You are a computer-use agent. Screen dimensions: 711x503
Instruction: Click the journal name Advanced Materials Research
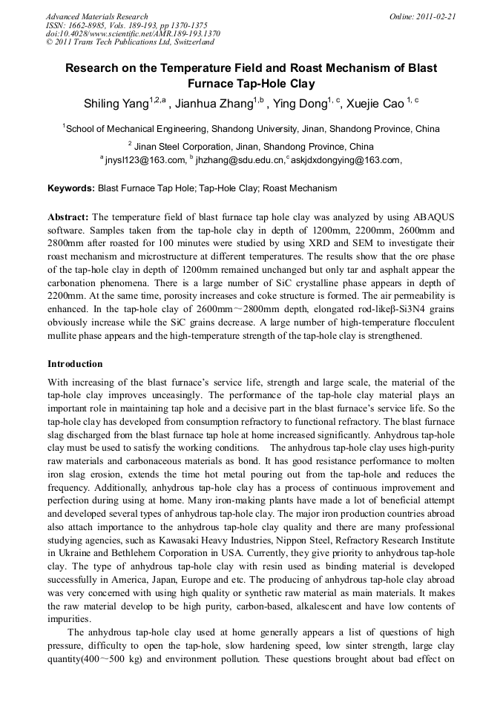pos(96,16)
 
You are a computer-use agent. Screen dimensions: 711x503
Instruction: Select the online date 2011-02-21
pos(434,16)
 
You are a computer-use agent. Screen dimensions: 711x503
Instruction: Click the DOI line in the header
pos(133,34)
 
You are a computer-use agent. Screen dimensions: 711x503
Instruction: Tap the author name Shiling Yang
pos(116,104)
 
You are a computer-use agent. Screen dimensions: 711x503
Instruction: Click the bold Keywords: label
pos(71,188)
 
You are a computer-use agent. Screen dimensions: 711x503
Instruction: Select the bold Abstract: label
pos(68,216)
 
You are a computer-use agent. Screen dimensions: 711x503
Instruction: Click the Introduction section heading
pos(75,364)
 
